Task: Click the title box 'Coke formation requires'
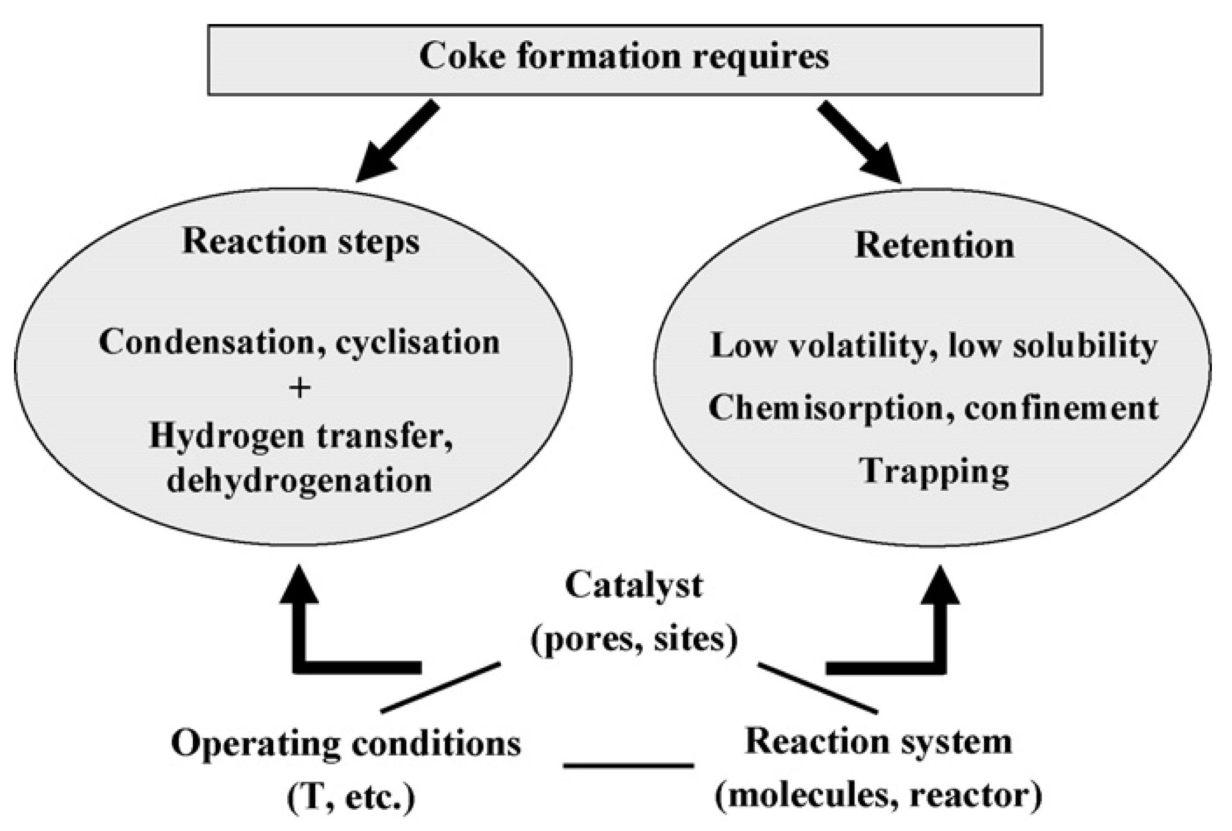(624, 59)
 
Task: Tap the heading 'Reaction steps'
(301, 242)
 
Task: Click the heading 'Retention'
(934, 245)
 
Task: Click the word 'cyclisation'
(417, 343)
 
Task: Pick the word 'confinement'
(1061, 408)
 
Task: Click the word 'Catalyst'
(633, 586)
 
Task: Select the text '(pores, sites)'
(634, 639)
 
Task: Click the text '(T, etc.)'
(351, 797)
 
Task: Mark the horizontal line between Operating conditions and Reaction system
(628, 765)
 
